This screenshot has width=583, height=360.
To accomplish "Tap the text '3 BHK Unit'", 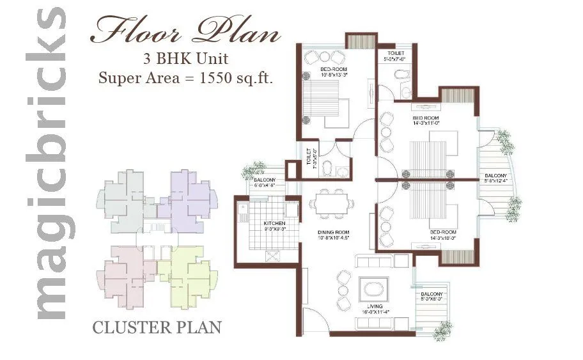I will pos(185,60).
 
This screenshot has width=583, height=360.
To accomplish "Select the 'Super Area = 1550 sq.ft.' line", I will pos(185,79).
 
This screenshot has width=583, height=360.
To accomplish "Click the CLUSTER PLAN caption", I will pos(157,327).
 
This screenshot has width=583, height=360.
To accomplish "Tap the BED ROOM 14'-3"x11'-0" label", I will pos(426,121).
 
